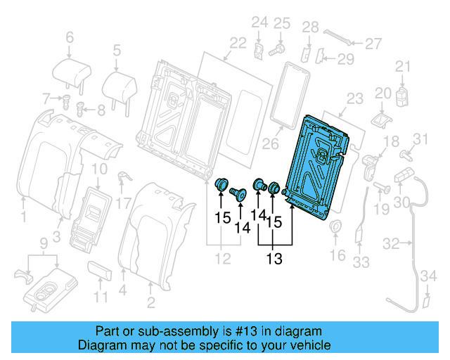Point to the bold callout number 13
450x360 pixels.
274,259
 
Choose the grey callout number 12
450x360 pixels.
223,259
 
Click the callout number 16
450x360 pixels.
337,255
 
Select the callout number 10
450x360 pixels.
99,169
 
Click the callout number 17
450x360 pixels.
124,204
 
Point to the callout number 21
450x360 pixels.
401,67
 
